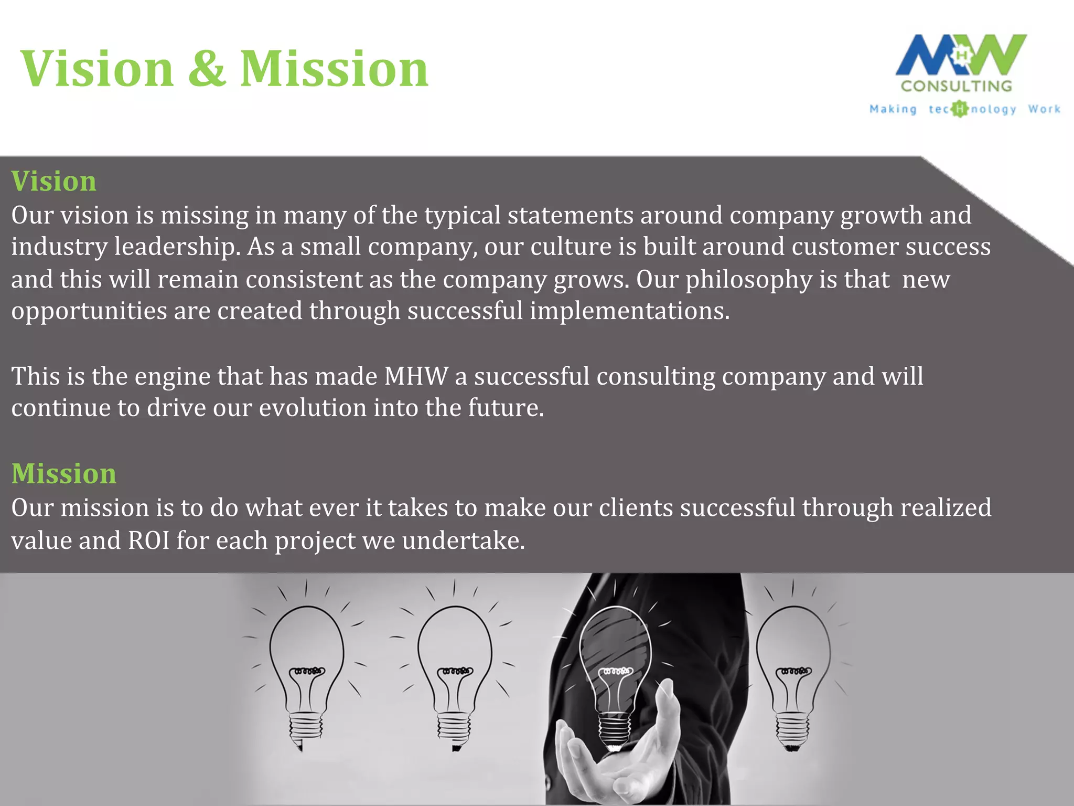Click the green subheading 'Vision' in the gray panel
(x=54, y=182)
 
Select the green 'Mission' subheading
(x=64, y=474)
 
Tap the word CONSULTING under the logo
(x=957, y=86)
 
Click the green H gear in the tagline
(x=959, y=109)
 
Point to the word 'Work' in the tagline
(x=1044, y=109)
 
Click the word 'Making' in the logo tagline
(x=893, y=109)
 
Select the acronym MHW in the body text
(x=416, y=377)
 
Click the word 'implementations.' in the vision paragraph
(x=629, y=311)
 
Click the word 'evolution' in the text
(x=313, y=408)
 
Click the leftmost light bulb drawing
(x=306, y=672)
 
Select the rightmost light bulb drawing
(x=793, y=672)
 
